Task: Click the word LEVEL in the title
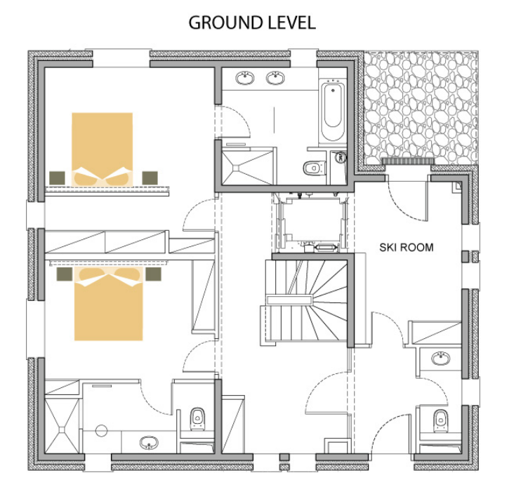(292, 22)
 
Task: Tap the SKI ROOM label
(407, 248)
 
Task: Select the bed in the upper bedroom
(103, 149)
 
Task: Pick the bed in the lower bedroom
(109, 304)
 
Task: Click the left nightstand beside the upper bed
(57, 178)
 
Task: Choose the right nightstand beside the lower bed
(153, 274)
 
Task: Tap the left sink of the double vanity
(245, 78)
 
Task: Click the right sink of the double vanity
(275, 78)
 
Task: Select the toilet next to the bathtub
(314, 168)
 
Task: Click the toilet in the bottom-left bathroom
(198, 418)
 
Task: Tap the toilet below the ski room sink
(440, 420)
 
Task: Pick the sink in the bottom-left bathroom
(149, 443)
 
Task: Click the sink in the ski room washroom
(441, 359)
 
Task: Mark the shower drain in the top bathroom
(236, 168)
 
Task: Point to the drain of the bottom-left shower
(62, 429)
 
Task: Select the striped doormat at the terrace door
(408, 161)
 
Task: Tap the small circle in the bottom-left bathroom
(102, 431)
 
